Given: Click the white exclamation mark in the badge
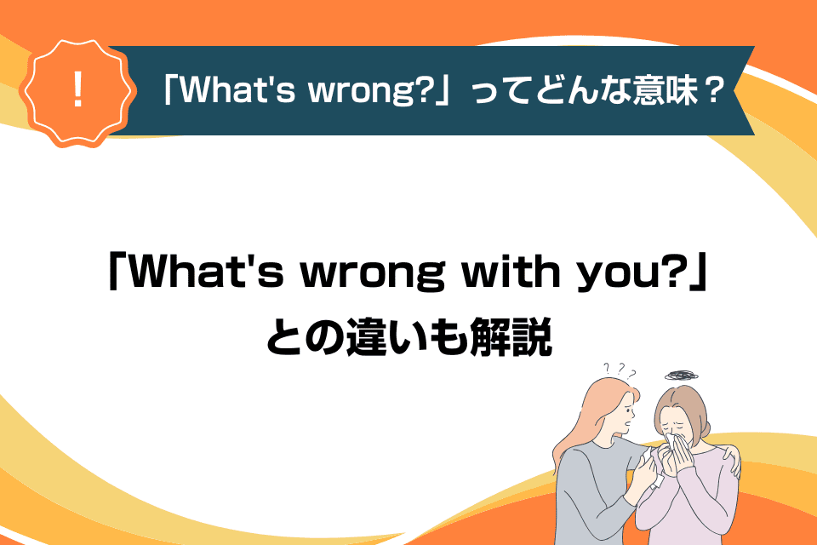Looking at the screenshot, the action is pos(78,89).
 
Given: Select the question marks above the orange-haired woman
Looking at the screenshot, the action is pos(620,370).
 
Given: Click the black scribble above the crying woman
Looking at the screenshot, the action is pos(681,375).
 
